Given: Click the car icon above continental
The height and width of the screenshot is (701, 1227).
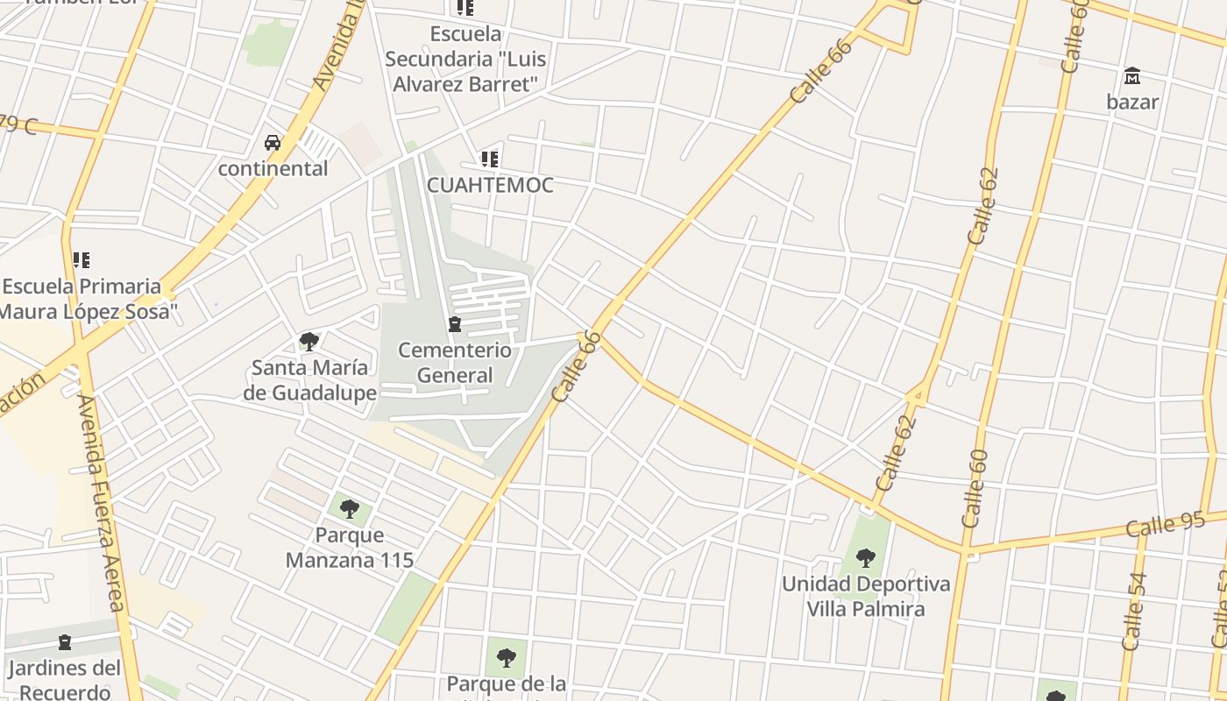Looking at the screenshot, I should click(x=273, y=143).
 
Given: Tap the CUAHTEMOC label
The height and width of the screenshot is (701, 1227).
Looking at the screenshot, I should click(x=490, y=185).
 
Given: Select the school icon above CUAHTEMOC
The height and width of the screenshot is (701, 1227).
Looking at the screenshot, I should click(x=490, y=159).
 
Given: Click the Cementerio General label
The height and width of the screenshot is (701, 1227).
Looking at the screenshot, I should click(x=455, y=363).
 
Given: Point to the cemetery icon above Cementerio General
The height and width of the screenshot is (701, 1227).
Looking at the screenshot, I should click(x=455, y=325).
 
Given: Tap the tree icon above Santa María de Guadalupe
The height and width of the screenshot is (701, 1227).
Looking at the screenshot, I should click(x=309, y=341).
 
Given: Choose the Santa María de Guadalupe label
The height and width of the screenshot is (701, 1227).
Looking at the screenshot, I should click(x=309, y=379).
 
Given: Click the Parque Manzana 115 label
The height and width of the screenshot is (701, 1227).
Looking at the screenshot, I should click(x=349, y=547).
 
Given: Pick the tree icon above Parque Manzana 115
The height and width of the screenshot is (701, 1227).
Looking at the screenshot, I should click(x=349, y=508).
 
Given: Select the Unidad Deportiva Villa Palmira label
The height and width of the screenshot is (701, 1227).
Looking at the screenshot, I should click(x=866, y=596).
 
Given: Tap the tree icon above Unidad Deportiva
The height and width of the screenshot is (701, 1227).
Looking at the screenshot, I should click(x=866, y=557).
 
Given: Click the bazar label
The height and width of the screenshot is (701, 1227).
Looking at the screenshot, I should click(x=1132, y=102).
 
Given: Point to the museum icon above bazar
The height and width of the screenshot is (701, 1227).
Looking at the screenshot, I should click(x=1132, y=76).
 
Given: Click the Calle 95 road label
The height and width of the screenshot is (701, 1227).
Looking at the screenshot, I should click(x=1166, y=526).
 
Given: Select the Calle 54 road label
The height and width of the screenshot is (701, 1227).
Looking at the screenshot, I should click(x=1133, y=611).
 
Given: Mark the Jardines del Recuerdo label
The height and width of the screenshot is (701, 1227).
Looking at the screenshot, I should click(x=65, y=680).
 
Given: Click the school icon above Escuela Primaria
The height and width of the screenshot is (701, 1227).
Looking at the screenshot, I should click(x=82, y=260).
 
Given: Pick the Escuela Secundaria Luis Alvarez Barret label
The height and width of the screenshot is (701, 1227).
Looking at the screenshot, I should click(x=465, y=60).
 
